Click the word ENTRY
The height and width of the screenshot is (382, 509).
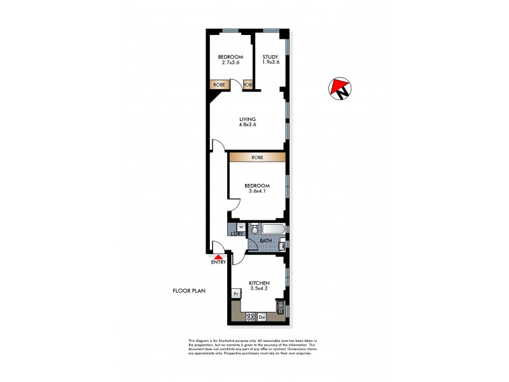(218, 262)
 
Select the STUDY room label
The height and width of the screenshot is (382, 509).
(271, 57)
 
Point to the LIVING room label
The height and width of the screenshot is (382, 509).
(248, 119)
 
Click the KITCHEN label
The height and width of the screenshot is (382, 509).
(260, 283)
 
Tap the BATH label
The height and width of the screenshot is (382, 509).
(265, 241)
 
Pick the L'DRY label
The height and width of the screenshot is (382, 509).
(237, 234)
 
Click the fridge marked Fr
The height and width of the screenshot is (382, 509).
(236, 294)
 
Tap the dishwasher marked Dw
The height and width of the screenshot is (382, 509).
(261, 316)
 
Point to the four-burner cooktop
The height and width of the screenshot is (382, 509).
(246, 316)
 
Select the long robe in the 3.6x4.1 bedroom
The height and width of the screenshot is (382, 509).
(257, 157)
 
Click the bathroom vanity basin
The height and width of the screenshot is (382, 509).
(284, 242)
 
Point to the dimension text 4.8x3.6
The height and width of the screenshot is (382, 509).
(248, 125)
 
